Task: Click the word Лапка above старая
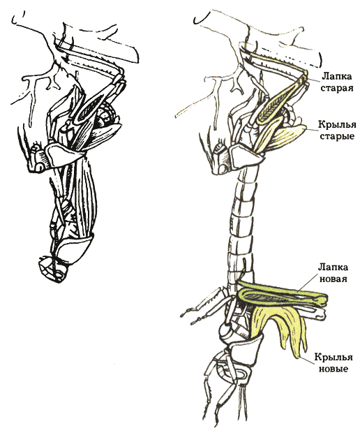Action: click(338, 77)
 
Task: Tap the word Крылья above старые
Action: click(337, 125)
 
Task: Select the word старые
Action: click(338, 136)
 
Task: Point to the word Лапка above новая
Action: click(333, 267)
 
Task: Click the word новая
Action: click(332, 279)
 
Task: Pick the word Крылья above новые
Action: click(333, 357)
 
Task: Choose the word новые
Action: click(333, 369)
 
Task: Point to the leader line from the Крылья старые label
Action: click(312, 129)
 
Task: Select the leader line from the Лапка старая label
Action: click(314, 79)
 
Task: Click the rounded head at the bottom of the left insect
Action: click(52, 268)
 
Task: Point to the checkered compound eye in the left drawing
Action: click(107, 112)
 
